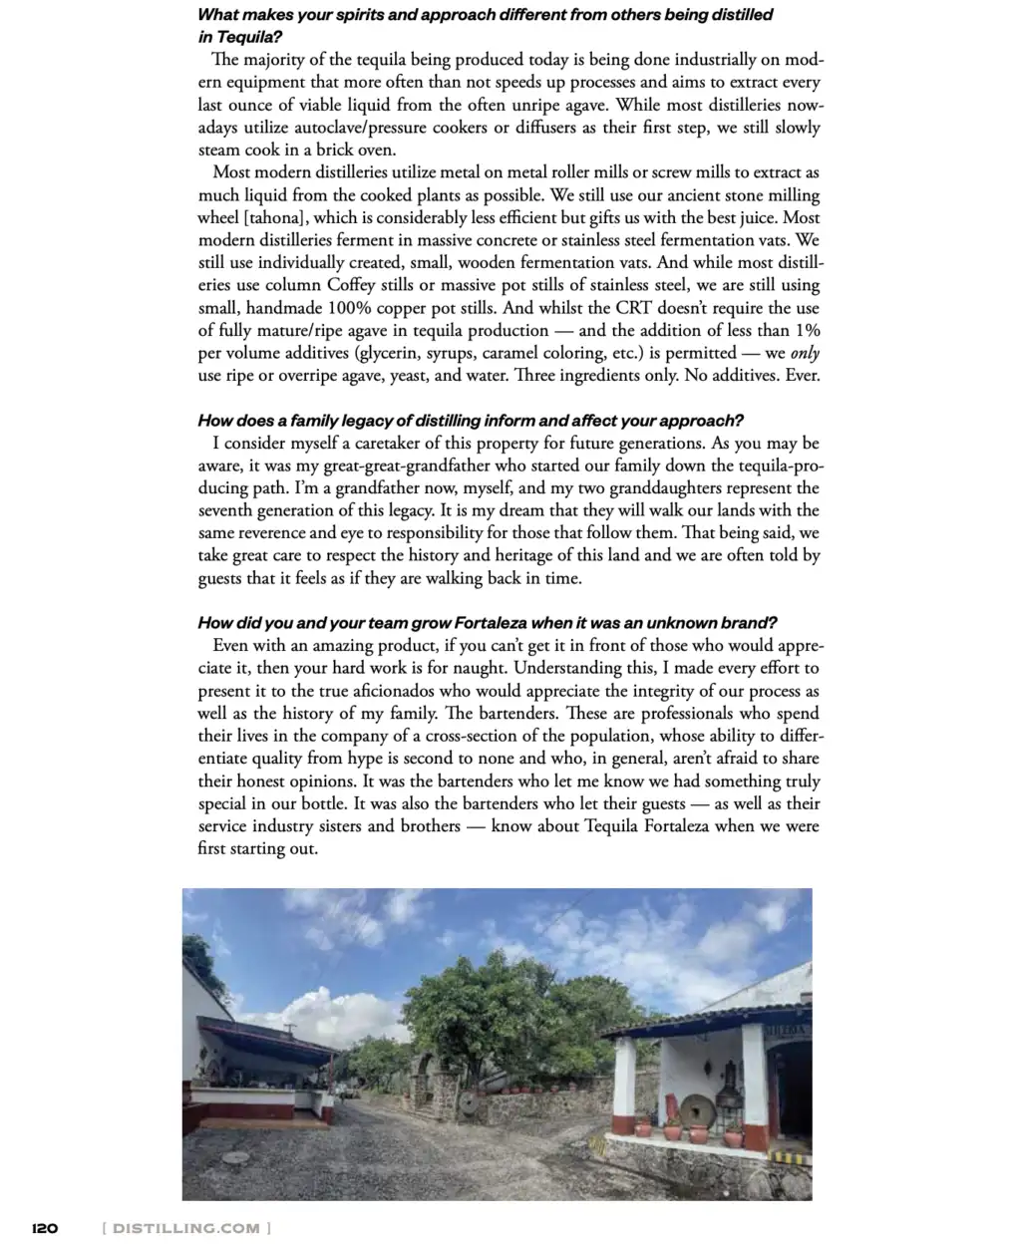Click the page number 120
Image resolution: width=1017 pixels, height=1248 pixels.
(x=45, y=1227)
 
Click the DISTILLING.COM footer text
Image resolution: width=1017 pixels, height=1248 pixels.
(x=186, y=1227)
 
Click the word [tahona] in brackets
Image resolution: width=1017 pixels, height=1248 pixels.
(x=252, y=217)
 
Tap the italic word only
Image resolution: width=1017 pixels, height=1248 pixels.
(x=805, y=353)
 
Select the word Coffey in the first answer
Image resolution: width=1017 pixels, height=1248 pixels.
(x=351, y=285)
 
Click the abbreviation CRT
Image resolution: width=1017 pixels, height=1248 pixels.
(x=632, y=308)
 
